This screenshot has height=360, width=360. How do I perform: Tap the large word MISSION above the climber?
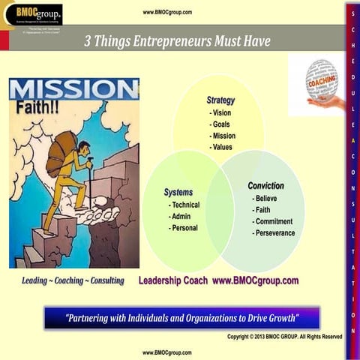73,89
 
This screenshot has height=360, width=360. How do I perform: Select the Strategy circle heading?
220,100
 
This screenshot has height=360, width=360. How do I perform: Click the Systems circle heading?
178,192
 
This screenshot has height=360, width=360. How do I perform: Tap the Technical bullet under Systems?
184,205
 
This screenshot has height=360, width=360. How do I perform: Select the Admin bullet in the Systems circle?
180,216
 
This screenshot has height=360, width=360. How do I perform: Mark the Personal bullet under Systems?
183,227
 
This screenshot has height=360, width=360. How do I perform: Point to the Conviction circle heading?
265,185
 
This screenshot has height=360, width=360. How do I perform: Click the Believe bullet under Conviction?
265,198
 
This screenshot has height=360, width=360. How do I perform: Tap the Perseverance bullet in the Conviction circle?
274,232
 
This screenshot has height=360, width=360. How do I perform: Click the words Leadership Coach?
173,280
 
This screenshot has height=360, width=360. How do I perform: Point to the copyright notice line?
284,336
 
